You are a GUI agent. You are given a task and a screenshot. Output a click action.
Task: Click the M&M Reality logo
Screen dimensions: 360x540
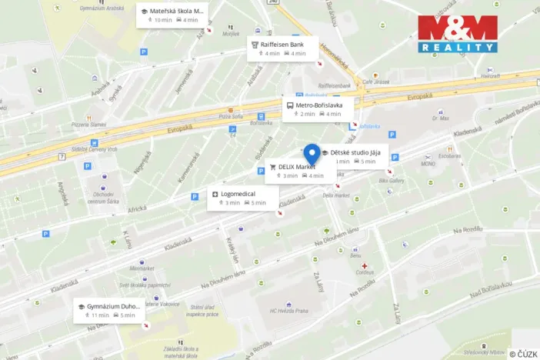click(x=457, y=34)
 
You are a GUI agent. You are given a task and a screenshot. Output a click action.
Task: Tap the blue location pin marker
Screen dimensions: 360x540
click(x=312, y=153)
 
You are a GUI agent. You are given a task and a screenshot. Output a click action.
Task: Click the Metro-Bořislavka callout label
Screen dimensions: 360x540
click(x=318, y=108)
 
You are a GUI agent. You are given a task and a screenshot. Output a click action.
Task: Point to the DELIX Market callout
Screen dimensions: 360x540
click(x=300, y=171)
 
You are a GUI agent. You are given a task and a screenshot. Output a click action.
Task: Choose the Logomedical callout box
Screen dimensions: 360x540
click(x=242, y=198)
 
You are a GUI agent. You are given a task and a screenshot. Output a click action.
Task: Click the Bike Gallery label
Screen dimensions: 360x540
click(x=392, y=181)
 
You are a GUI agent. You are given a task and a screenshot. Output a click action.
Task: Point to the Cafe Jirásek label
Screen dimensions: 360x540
click(x=376, y=82)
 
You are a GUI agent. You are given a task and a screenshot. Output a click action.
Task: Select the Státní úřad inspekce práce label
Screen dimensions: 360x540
click(x=203, y=310)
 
